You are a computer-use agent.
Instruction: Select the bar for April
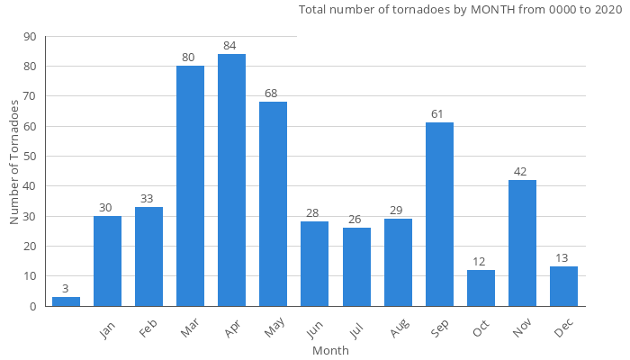(231, 180)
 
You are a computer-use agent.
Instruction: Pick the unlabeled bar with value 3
(66, 301)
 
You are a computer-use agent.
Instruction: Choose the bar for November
(522, 243)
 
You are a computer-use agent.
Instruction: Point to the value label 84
(231, 46)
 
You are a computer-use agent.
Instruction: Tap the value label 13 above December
(563, 258)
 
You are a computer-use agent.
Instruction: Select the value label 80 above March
(190, 58)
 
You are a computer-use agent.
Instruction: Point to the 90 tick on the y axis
(31, 37)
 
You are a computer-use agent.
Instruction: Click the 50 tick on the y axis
(31, 157)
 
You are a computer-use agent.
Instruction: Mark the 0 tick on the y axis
(33, 306)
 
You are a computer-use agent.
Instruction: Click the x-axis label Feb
(148, 329)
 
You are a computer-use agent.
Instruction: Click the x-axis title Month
(330, 351)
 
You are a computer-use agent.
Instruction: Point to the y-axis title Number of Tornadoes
(14, 162)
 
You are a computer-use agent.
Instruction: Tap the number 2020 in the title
(607, 10)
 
